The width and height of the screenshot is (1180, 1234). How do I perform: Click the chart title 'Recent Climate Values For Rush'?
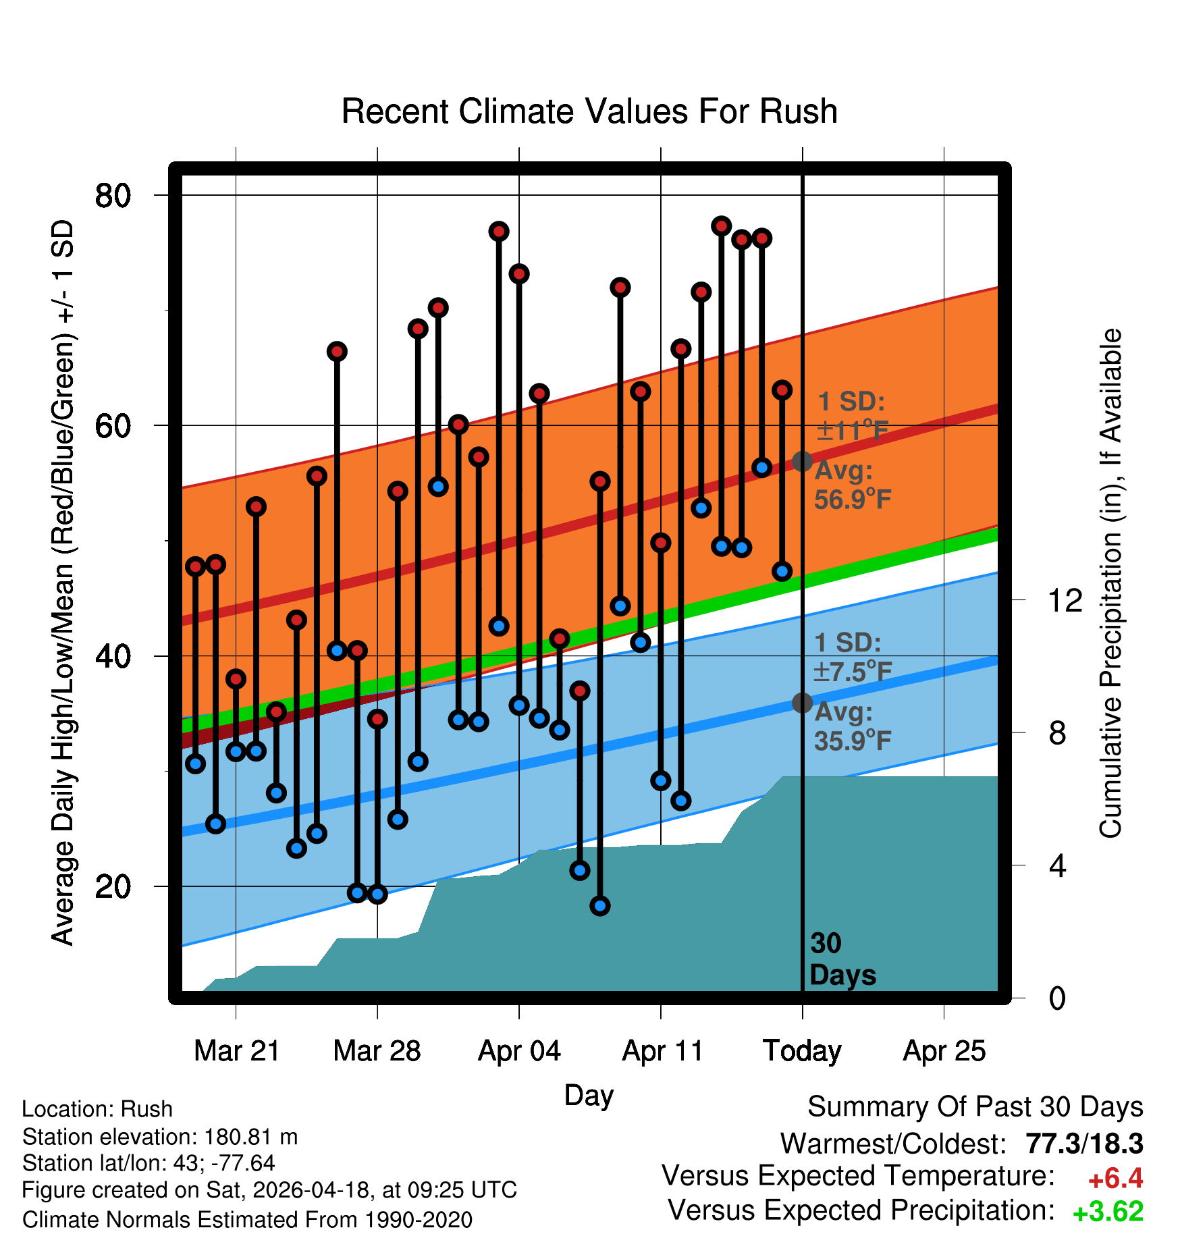(x=589, y=111)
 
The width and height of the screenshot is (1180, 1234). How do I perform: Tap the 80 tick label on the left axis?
(x=113, y=196)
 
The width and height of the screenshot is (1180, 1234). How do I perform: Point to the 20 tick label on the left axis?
(x=113, y=886)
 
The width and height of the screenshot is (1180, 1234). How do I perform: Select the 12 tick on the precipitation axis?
(x=1065, y=599)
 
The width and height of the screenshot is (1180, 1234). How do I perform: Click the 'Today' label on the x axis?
(x=802, y=1051)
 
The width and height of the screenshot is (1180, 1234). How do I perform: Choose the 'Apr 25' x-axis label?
(x=944, y=1051)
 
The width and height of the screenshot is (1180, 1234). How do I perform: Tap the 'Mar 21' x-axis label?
(x=236, y=1051)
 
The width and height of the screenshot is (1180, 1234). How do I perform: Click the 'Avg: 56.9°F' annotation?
(x=853, y=485)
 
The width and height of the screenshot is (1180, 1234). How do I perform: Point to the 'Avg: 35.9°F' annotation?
(x=853, y=726)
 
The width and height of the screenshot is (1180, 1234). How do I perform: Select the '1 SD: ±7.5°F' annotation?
(x=853, y=657)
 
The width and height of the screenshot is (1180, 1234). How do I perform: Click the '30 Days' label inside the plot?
(x=842, y=959)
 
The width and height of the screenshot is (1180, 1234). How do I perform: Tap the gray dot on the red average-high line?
(x=802, y=461)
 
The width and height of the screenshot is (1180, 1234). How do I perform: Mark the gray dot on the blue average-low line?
(x=802, y=703)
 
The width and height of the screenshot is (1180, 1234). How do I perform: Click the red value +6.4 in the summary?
(x=1115, y=1179)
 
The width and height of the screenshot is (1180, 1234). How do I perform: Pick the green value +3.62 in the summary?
(x=1108, y=1212)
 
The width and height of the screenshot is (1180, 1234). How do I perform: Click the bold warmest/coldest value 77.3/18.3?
(x=1084, y=1144)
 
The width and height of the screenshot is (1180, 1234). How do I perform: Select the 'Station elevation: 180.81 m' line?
(x=160, y=1137)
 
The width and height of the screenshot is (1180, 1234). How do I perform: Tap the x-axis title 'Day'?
(x=589, y=1095)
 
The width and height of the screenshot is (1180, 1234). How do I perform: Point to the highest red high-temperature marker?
(x=721, y=225)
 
